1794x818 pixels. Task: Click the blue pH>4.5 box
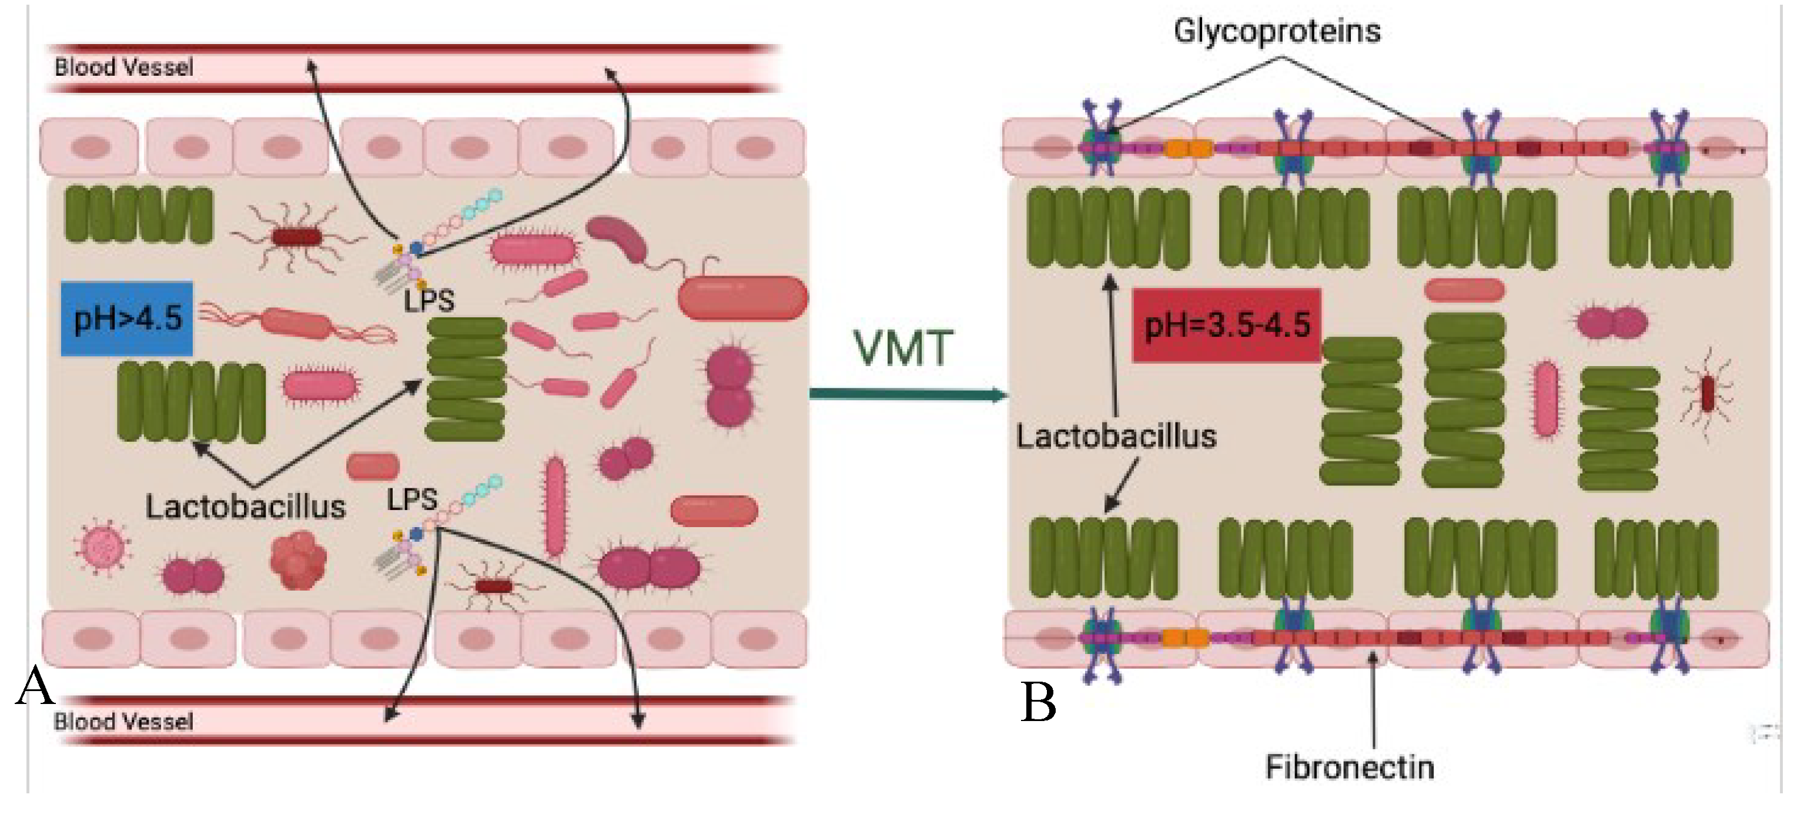point(127,318)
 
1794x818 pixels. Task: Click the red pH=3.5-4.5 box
point(1226,325)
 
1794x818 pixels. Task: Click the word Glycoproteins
point(1277,31)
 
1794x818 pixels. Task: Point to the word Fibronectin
point(1349,766)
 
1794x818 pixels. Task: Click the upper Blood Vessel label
point(123,68)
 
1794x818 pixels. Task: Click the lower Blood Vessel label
point(123,721)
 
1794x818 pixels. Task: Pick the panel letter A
point(35,686)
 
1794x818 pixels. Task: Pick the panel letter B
point(1039,702)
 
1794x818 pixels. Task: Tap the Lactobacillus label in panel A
point(245,506)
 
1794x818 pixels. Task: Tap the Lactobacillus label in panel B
point(1116,437)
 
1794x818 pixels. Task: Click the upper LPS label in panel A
point(429,301)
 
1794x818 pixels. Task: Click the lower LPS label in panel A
point(412,498)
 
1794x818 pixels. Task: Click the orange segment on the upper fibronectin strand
point(1189,148)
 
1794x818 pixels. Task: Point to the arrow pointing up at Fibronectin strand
point(1373,696)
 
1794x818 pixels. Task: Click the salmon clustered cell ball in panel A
point(299,561)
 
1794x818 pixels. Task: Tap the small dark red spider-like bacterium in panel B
point(1707,394)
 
